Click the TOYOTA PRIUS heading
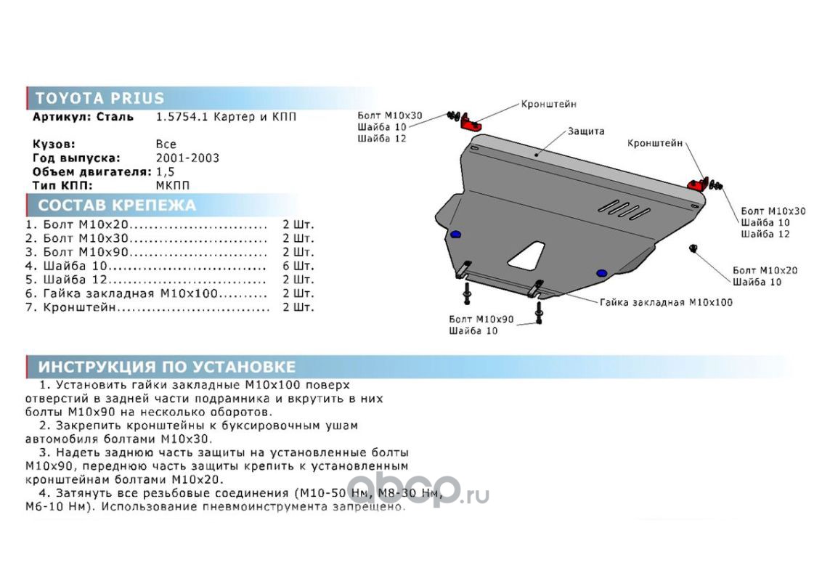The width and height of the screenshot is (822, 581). point(99,98)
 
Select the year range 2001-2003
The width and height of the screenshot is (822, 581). point(187,158)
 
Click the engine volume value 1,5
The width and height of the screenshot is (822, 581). point(165,172)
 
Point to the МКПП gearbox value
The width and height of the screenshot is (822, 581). point(173,186)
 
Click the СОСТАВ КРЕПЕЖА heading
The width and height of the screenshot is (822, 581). point(117,205)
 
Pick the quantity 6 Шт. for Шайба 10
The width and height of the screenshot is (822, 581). point(298,266)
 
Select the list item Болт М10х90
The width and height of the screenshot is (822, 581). point(86,252)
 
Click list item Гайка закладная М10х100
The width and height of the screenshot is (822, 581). point(130,293)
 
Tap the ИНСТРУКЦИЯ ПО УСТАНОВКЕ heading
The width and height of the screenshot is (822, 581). point(167,367)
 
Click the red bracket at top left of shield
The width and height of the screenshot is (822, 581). point(471,122)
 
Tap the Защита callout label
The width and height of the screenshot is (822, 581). point(586,131)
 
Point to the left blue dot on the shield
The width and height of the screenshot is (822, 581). point(455,235)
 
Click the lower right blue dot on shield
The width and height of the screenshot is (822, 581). point(602,272)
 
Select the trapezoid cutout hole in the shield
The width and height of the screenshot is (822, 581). point(527,256)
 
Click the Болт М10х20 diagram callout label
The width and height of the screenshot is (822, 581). point(765,271)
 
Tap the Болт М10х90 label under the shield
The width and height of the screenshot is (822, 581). point(481,320)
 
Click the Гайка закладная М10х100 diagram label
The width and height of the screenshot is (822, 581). point(667,303)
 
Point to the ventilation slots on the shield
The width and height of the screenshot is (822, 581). point(624,209)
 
